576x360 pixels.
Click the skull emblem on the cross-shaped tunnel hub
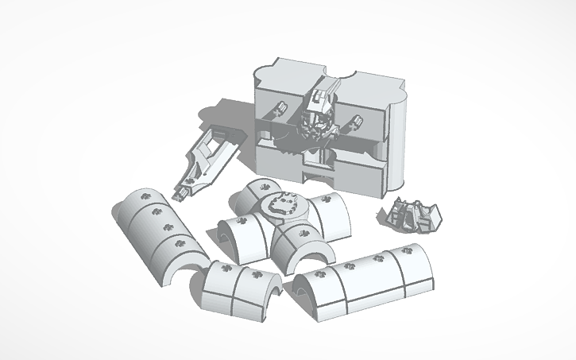[x=284, y=204]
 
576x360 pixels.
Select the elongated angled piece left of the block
[x=208, y=156]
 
